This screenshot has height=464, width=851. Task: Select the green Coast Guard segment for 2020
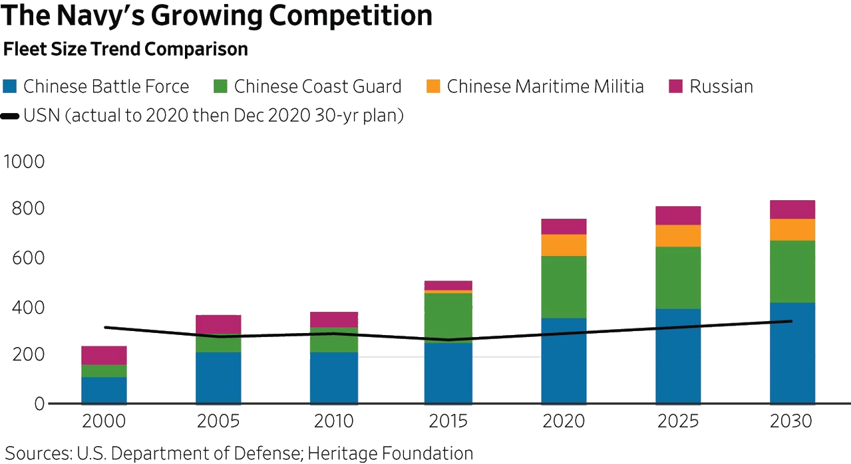coord(564,287)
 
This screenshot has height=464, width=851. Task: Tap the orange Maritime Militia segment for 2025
coord(678,236)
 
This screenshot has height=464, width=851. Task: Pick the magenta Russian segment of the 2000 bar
coord(104,355)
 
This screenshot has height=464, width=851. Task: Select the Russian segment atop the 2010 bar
coord(334,320)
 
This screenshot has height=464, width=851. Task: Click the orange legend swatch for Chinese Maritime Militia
coord(433,86)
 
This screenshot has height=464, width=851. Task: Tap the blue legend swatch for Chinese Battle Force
coord(9,86)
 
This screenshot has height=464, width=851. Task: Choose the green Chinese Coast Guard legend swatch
coord(220,86)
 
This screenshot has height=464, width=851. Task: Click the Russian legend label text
coord(721,86)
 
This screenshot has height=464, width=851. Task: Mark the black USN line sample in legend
coord(10,116)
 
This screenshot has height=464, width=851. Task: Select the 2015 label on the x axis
coord(448,421)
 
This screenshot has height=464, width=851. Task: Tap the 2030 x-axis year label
coord(792,421)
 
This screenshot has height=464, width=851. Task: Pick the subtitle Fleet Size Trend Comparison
coord(126,49)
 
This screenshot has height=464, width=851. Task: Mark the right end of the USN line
coord(792,321)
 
